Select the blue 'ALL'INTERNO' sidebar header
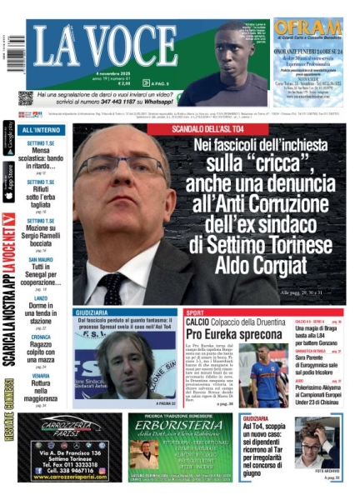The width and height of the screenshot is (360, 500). [41, 130]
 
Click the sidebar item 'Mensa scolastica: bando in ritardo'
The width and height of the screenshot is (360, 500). [39, 154]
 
